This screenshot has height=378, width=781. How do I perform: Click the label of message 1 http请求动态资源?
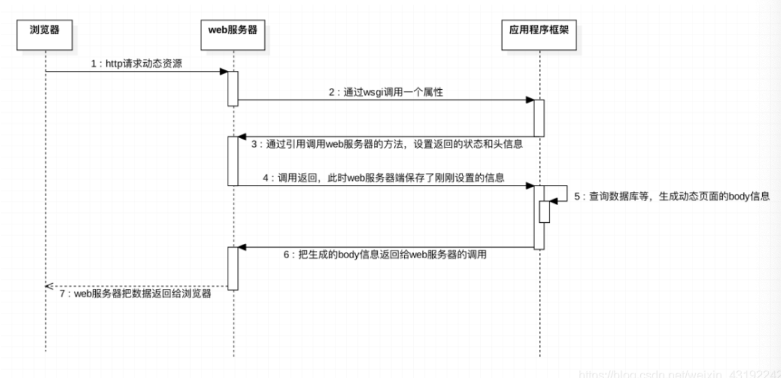point(136,64)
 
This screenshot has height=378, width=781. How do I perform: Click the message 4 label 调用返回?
point(384,178)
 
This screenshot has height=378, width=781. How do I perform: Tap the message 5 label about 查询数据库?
point(671,197)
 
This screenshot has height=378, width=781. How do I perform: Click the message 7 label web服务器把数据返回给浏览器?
point(135,294)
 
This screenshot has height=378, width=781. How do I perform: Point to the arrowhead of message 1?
point(224,71)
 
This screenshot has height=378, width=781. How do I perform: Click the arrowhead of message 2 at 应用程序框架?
point(530,100)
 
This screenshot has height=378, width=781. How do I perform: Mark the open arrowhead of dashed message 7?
point(49,286)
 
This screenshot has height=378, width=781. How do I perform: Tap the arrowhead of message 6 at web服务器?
point(242,247)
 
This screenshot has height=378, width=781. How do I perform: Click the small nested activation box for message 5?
point(544,212)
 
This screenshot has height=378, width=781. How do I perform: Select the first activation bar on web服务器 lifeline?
point(233,88)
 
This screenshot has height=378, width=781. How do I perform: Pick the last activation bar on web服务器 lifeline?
point(233,268)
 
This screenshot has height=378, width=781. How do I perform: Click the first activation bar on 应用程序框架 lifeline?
point(539,118)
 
